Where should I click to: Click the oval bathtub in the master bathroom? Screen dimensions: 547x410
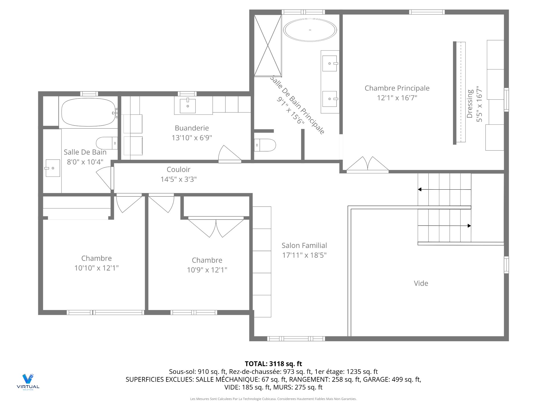310,30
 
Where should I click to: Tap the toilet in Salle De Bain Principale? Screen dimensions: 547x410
265,145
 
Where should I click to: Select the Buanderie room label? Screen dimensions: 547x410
192,128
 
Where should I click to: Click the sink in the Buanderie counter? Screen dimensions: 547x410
188,106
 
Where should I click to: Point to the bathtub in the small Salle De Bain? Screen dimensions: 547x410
89,112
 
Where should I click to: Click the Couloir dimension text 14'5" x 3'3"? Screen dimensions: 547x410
179,179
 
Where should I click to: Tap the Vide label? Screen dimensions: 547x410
421,283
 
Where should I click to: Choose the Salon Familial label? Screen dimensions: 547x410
304,245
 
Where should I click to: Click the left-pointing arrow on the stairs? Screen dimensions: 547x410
444,189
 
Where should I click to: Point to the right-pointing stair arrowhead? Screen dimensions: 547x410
469,226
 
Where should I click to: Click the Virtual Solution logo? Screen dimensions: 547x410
28,382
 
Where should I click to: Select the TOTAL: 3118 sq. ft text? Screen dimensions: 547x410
273,364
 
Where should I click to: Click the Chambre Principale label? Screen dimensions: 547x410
397,88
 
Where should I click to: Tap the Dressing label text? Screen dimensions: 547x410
470,104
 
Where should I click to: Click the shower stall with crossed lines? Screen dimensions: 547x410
268,46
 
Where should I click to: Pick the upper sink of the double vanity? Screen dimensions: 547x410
330,63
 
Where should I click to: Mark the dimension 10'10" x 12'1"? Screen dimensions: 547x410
97,268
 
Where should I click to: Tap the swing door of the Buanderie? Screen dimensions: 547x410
230,154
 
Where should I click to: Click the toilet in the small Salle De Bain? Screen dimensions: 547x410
107,143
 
